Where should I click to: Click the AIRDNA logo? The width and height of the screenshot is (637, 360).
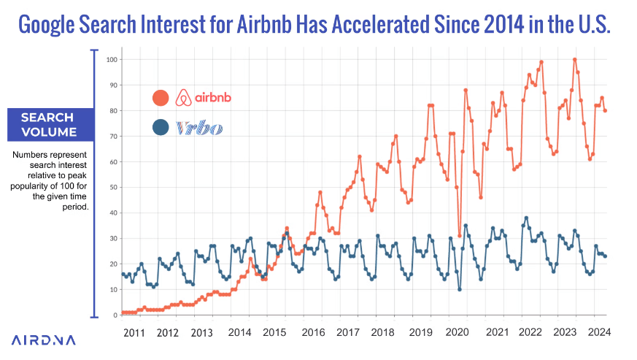coord(43,340)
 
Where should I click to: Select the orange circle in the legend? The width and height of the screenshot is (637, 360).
coord(161,97)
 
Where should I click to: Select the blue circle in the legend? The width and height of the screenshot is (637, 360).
coord(161,128)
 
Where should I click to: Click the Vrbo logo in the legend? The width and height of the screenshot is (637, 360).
coord(200,129)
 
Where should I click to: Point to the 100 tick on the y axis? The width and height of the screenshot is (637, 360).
coord(112,59)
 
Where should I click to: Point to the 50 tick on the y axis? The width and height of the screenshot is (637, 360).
coord(113,187)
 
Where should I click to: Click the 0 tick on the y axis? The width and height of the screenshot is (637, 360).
coord(115,315)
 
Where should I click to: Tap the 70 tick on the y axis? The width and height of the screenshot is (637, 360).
coord(113,136)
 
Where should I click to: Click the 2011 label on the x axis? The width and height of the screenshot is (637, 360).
coord(132,332)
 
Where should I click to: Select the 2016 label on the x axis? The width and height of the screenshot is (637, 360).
coord(313,332)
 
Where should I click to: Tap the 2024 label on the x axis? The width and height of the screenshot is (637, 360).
coord(598,332)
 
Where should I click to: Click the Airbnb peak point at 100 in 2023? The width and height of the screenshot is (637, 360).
coord(575,59)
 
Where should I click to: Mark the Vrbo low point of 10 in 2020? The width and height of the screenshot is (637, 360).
coord(460,290)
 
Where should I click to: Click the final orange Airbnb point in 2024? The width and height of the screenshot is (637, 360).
coord(606,110)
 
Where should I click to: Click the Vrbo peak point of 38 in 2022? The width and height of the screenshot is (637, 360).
coord(526,218)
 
